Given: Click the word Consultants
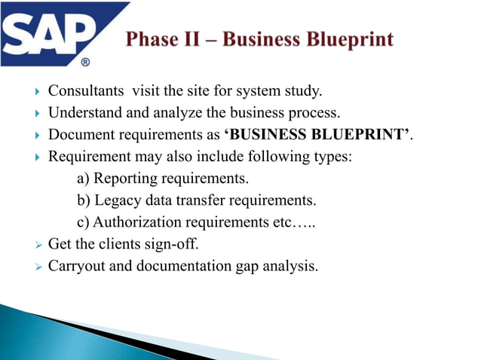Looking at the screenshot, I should tap(85, 92).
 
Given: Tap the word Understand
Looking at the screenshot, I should tap(83, 114).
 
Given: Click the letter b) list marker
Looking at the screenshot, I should tap(84, 200).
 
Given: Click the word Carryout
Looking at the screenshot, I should tap(76, 265).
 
